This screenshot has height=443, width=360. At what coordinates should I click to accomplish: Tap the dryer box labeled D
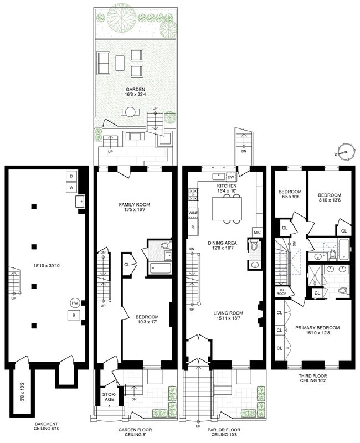click(x=71, y=176)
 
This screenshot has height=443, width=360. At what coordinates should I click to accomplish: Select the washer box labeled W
click(x=71, y=187)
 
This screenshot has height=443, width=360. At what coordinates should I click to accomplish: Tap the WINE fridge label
click(x=194, y=212)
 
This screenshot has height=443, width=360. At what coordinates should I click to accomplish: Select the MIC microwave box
click(x=257, y=232)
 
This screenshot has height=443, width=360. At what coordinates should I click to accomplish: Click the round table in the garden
click(x=130, y=112)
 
